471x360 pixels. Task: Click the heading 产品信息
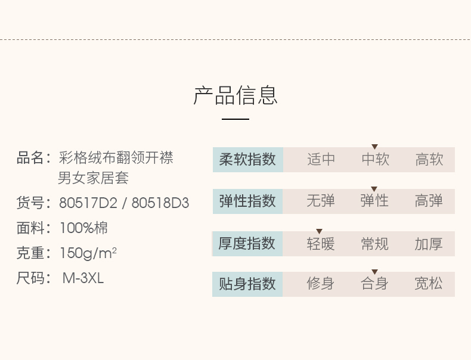pos(235,95)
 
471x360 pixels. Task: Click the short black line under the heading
pos(235,119)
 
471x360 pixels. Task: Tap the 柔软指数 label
pos(247,160)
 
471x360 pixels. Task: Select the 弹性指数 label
pos(247,201)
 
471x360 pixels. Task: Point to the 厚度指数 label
pos(247,244)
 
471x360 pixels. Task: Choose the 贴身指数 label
pos(247,284)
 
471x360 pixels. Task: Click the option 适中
pos(321,160)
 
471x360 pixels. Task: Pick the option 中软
pos(375,160)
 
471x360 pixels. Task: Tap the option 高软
pos(429,160)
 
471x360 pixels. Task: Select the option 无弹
pos(321,201)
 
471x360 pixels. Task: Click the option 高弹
pos(429,201)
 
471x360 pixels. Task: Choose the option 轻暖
pos(321,244)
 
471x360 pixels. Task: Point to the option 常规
pos(375,244)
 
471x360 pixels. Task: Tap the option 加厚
pos(429,244)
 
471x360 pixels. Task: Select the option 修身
pos(321,284)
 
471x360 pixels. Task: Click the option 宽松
pos(429,284)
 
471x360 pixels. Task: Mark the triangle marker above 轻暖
pos(319,231)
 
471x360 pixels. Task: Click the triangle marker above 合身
pos(374,272)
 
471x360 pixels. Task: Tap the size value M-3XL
pos(83,278)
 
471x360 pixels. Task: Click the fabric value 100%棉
pos(83,228)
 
